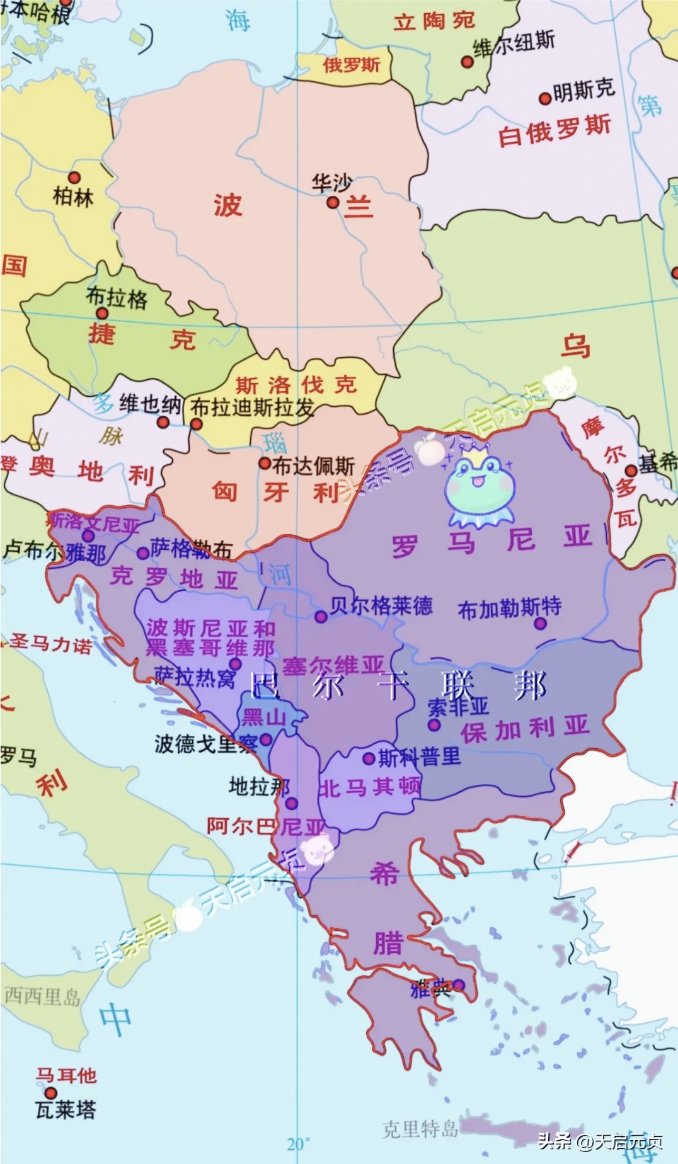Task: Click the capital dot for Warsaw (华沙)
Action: (333, 202)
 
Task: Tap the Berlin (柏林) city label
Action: (73, 197)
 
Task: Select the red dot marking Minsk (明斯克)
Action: (545, 98)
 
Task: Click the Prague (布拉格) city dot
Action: (101, 314)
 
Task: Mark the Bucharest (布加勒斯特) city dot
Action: (540, 624)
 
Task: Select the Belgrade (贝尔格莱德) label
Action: (381, 606)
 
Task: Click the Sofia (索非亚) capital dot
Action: (434, 725)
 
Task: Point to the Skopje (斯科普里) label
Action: (420, 757)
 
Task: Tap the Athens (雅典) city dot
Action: (459, 985)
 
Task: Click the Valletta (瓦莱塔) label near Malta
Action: (66, 1109)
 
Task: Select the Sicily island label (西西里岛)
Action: (42, 996)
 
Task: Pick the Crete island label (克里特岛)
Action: (420, 1128)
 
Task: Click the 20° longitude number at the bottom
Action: (299, 1144)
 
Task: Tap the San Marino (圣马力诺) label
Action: (50, 644)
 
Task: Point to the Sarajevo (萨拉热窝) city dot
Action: (235, 664)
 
